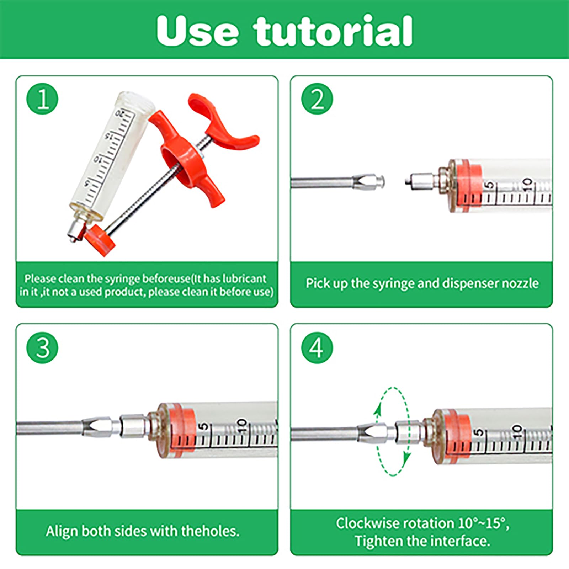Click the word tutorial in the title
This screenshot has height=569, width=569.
[x=333, y=31]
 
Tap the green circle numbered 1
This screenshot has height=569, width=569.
[x=43, y=99]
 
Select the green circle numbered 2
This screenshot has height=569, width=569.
[x=317, y=99]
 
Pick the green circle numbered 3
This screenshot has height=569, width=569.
[x=43, y=347]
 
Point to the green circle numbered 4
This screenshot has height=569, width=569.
[x=317, y=347]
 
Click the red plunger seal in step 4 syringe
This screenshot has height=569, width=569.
[x=457, y=436]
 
